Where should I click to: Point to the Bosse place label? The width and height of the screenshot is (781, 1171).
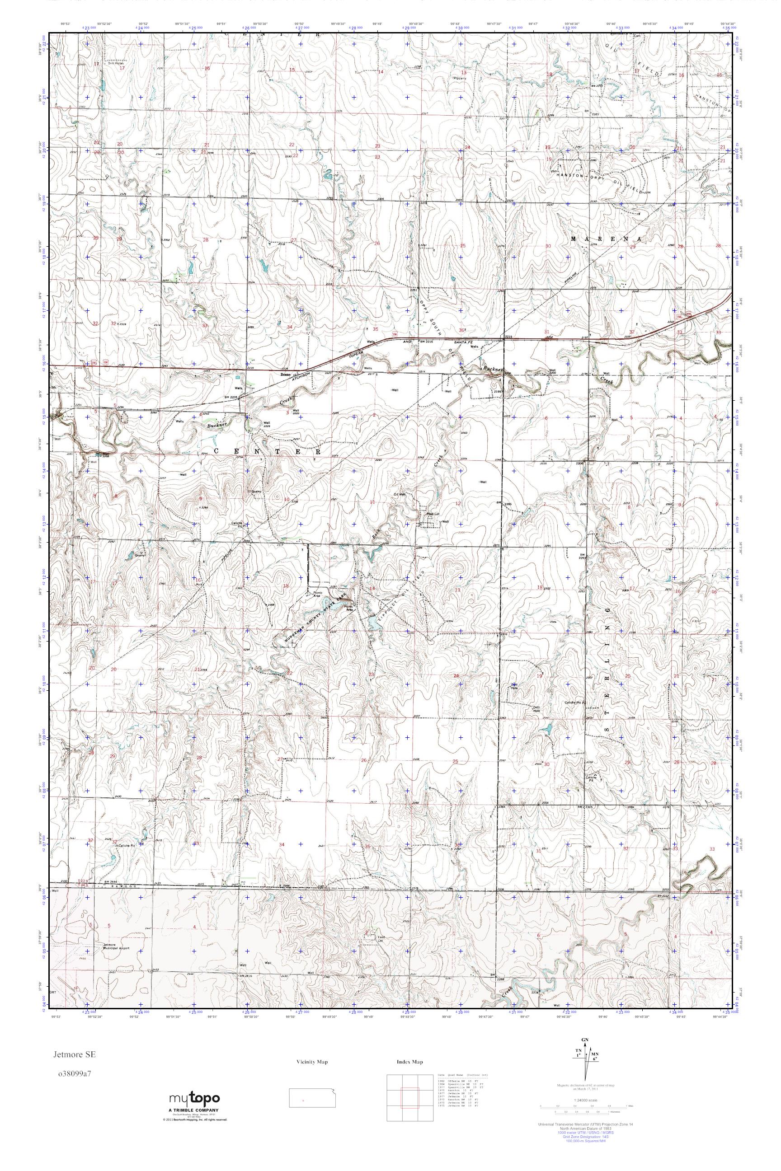(x=285, y=374)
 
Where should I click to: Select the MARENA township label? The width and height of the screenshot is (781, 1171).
(x=605, y=239)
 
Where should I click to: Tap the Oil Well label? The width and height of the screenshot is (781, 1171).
(x=400, y=494)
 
